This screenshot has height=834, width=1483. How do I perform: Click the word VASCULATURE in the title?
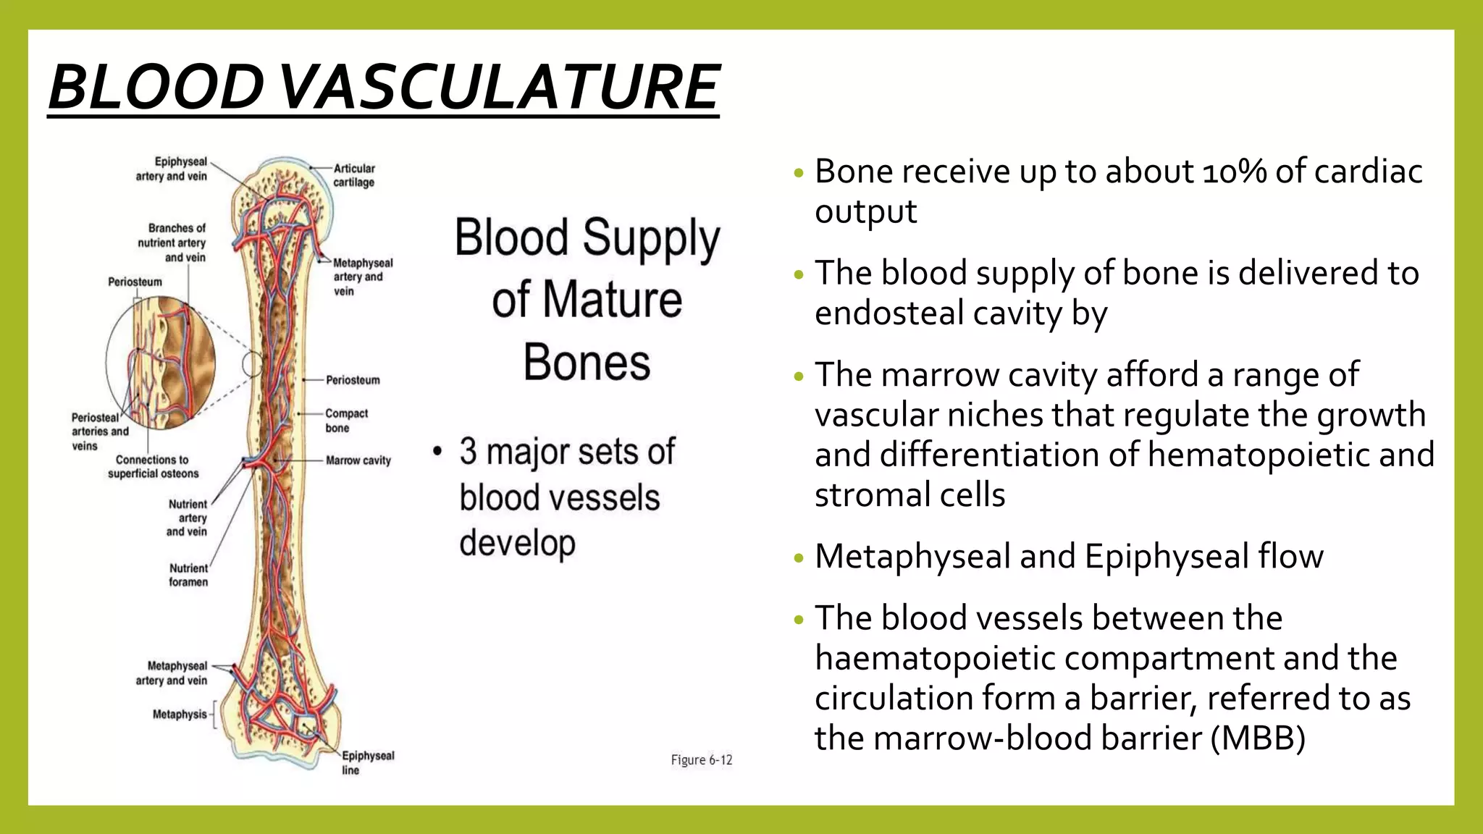click(499, 88)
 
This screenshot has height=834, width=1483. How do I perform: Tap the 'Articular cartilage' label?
click(354, 175)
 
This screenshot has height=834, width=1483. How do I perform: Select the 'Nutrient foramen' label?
click(188, 575)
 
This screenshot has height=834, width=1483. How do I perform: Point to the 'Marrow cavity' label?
click(358, 460)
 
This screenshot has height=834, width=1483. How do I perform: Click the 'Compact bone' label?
click(346, 421)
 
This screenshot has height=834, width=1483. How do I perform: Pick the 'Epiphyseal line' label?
click(368, 762)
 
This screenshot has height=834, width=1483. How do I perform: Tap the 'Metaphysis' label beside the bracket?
click(180, 715)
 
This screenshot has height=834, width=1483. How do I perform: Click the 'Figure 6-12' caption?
click(701, 760)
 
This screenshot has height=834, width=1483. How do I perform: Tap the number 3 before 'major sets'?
click(468, 452)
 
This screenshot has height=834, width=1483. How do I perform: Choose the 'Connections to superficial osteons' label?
click(153, 467)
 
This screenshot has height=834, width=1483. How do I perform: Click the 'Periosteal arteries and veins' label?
click(99, 431)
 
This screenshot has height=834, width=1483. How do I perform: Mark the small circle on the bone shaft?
click(253, 363)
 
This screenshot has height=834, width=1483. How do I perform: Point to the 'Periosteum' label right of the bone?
click(353, 380)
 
